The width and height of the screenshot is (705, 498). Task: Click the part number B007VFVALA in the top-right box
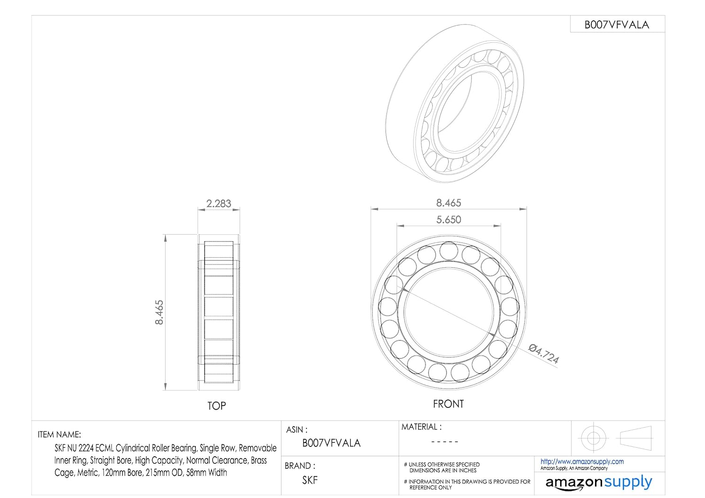click(617, 25)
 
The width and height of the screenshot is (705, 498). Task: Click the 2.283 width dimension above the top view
click(219, 203)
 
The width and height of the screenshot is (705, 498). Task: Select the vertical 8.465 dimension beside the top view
click(159, 312)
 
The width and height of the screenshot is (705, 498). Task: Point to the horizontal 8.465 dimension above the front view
click(448, 203)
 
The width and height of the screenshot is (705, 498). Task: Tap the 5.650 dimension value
click(448, 219)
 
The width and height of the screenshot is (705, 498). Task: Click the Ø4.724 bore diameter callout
click(544, 354)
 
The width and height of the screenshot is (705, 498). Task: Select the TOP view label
click(217, 405)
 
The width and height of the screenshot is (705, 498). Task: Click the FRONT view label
click(448, 404)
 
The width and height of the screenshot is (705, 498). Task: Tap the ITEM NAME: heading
click(59, 435)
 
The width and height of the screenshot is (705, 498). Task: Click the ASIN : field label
click(297, 429)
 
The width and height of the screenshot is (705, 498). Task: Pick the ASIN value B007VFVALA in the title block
click(331, 443)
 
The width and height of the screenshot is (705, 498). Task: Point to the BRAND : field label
click(300, 466)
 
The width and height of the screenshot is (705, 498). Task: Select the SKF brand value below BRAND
click(310, 480)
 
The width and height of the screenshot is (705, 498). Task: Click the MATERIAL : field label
click(421, 427)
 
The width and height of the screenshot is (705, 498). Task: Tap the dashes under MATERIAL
click(444, 442)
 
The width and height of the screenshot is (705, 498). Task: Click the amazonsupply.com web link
click(582, 461)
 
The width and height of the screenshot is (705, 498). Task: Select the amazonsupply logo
click(598, 482)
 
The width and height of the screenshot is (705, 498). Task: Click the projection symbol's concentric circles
click(593, 438)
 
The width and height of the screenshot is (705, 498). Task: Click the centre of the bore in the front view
click(448, 312)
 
